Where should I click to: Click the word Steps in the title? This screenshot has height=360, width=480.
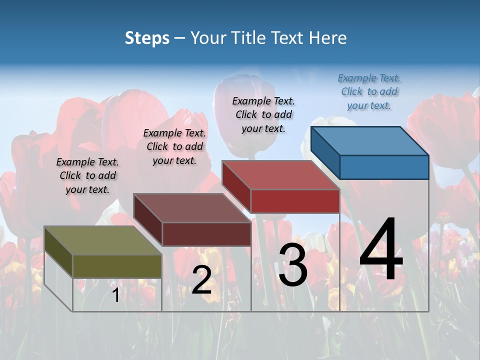click(x=146, y=38)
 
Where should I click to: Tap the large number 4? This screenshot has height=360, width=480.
click(x=381, y=250)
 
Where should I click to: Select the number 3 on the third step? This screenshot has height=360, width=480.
click(x=293, y=265)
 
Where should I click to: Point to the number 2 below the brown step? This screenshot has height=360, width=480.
click(x=201, y=280)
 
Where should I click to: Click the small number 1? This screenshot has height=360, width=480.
click(x=115, y=295)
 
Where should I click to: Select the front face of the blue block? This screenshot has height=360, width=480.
click(x=384, y=167)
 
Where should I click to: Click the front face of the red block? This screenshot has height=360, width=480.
click(x=295, y=201)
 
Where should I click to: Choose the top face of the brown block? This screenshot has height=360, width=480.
click(x=192, y=208)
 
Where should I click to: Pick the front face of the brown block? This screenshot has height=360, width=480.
click(x=206, y=234)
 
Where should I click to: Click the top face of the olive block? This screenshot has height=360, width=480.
click(x=103, y=240)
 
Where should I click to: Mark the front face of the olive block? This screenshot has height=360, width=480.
click(x=117, y=266)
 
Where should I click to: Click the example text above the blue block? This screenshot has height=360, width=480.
click(x=369, y=91)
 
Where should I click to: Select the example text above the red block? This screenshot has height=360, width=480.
click(x=263, y=114)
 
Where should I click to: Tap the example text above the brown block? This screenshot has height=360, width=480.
click(x=174, y=146)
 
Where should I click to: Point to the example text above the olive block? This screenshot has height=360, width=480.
click(x=87, y=175)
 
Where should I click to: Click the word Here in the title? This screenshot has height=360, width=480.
click(x=328, y=38)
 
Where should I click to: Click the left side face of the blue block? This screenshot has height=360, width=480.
click(x=325, y=152)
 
